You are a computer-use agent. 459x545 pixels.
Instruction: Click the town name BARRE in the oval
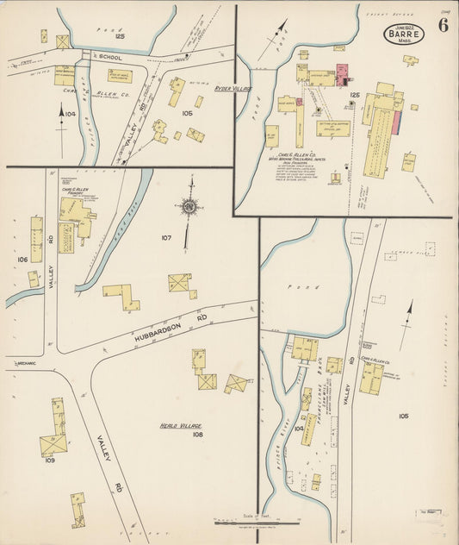(403, 36)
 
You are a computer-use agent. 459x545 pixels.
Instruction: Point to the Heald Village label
(180, 426)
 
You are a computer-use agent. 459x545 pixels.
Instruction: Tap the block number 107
(166, 237)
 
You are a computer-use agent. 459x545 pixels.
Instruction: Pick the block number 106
(22, 258)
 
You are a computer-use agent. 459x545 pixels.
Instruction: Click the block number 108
(197, 435)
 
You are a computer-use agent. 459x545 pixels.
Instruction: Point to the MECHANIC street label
(24, 363)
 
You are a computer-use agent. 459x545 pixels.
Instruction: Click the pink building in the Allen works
(340, 72)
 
